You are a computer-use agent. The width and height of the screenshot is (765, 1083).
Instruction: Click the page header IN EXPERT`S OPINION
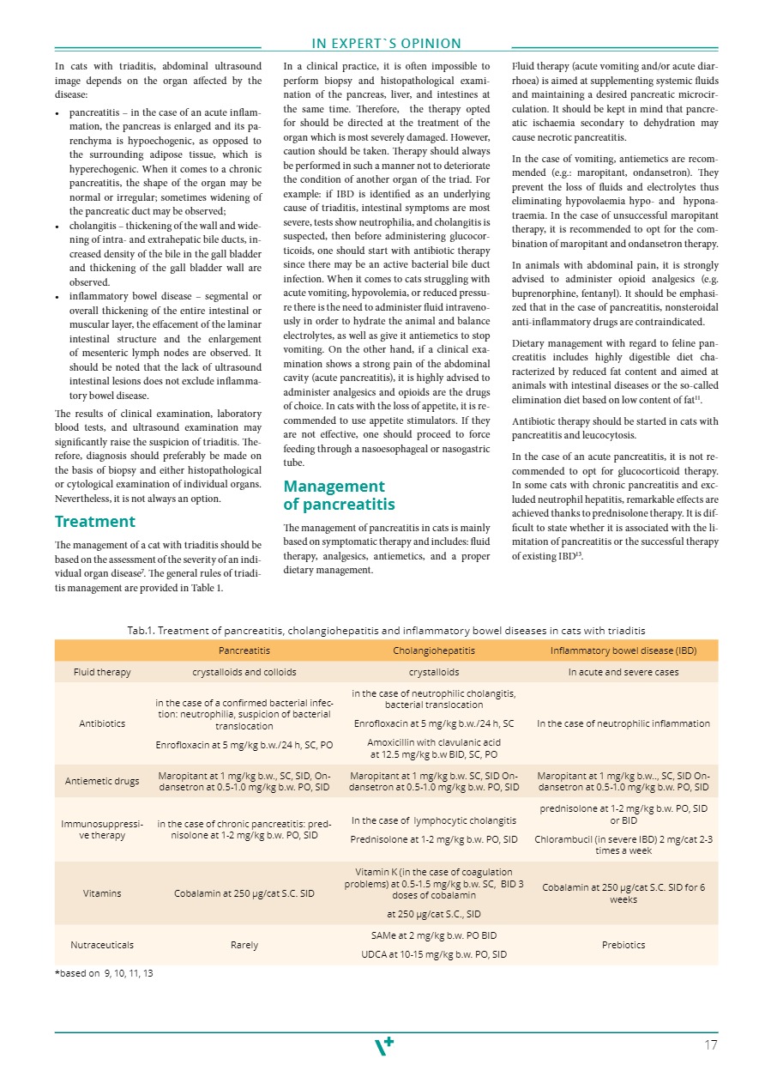coord(386,44)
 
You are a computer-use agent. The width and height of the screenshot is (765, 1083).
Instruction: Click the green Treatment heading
coord(94,521)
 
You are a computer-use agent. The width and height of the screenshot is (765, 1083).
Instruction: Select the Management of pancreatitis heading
coord(339,495)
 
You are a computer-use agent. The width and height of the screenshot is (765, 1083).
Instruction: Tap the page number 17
coord(710,1044)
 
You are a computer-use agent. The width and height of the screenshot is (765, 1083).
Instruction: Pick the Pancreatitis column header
coord(244,651)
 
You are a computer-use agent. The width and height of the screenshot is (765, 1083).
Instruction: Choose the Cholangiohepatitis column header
coord(433,651)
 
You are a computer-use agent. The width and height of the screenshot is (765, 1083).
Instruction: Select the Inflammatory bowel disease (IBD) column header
coord(623,651)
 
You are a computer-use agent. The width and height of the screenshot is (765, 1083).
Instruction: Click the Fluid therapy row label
coord(102,672)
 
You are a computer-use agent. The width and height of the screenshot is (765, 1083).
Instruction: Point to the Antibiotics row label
coord(102,723)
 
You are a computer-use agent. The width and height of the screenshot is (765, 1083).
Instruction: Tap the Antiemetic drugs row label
coord(102,781)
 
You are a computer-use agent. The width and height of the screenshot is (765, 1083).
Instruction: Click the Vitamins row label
coord(102,893)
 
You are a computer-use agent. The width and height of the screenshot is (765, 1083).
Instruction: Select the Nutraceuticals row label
coord(102,944)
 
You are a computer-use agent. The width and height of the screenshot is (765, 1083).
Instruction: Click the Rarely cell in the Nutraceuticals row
coord(244,945)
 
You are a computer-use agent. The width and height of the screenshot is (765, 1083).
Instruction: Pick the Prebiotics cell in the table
coord(623,945)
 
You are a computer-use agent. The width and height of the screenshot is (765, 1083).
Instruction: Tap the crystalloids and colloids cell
coord(244,672)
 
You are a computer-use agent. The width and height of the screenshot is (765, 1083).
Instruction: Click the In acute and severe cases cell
coord(623,672)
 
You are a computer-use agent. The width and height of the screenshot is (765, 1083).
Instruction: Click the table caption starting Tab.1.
coord(386,631)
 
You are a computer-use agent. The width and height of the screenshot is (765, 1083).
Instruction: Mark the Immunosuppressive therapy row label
coord(102,828)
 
